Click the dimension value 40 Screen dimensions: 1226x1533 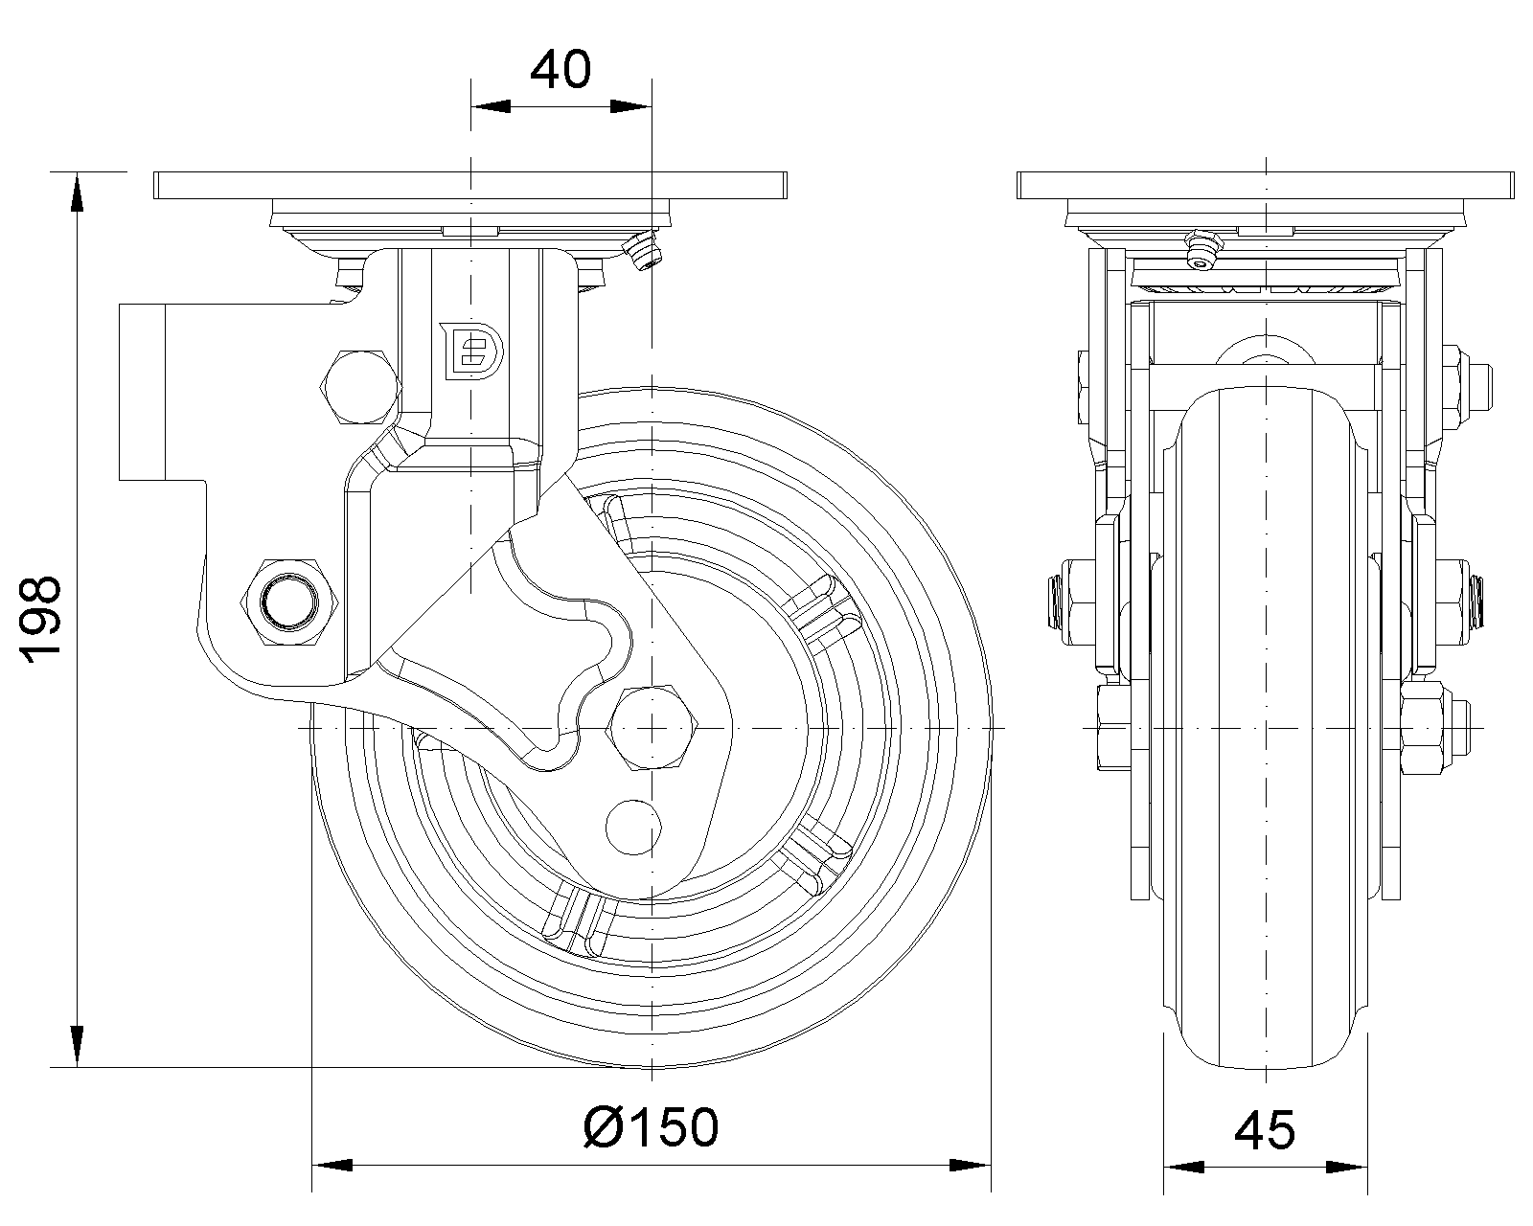click(561, 70)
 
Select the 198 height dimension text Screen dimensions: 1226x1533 click(43, 619)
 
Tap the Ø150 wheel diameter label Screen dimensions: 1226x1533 click(651, 1127)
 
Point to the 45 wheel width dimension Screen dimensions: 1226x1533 click(1265, 1130)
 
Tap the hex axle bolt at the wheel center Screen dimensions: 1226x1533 click(652, 729)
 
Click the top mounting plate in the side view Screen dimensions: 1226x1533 click(469, 185)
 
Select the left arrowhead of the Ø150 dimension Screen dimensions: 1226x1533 click(332, 1166)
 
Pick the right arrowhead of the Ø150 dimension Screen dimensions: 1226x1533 click(970, 1166)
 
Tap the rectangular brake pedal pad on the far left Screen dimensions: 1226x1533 click(142, 390)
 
